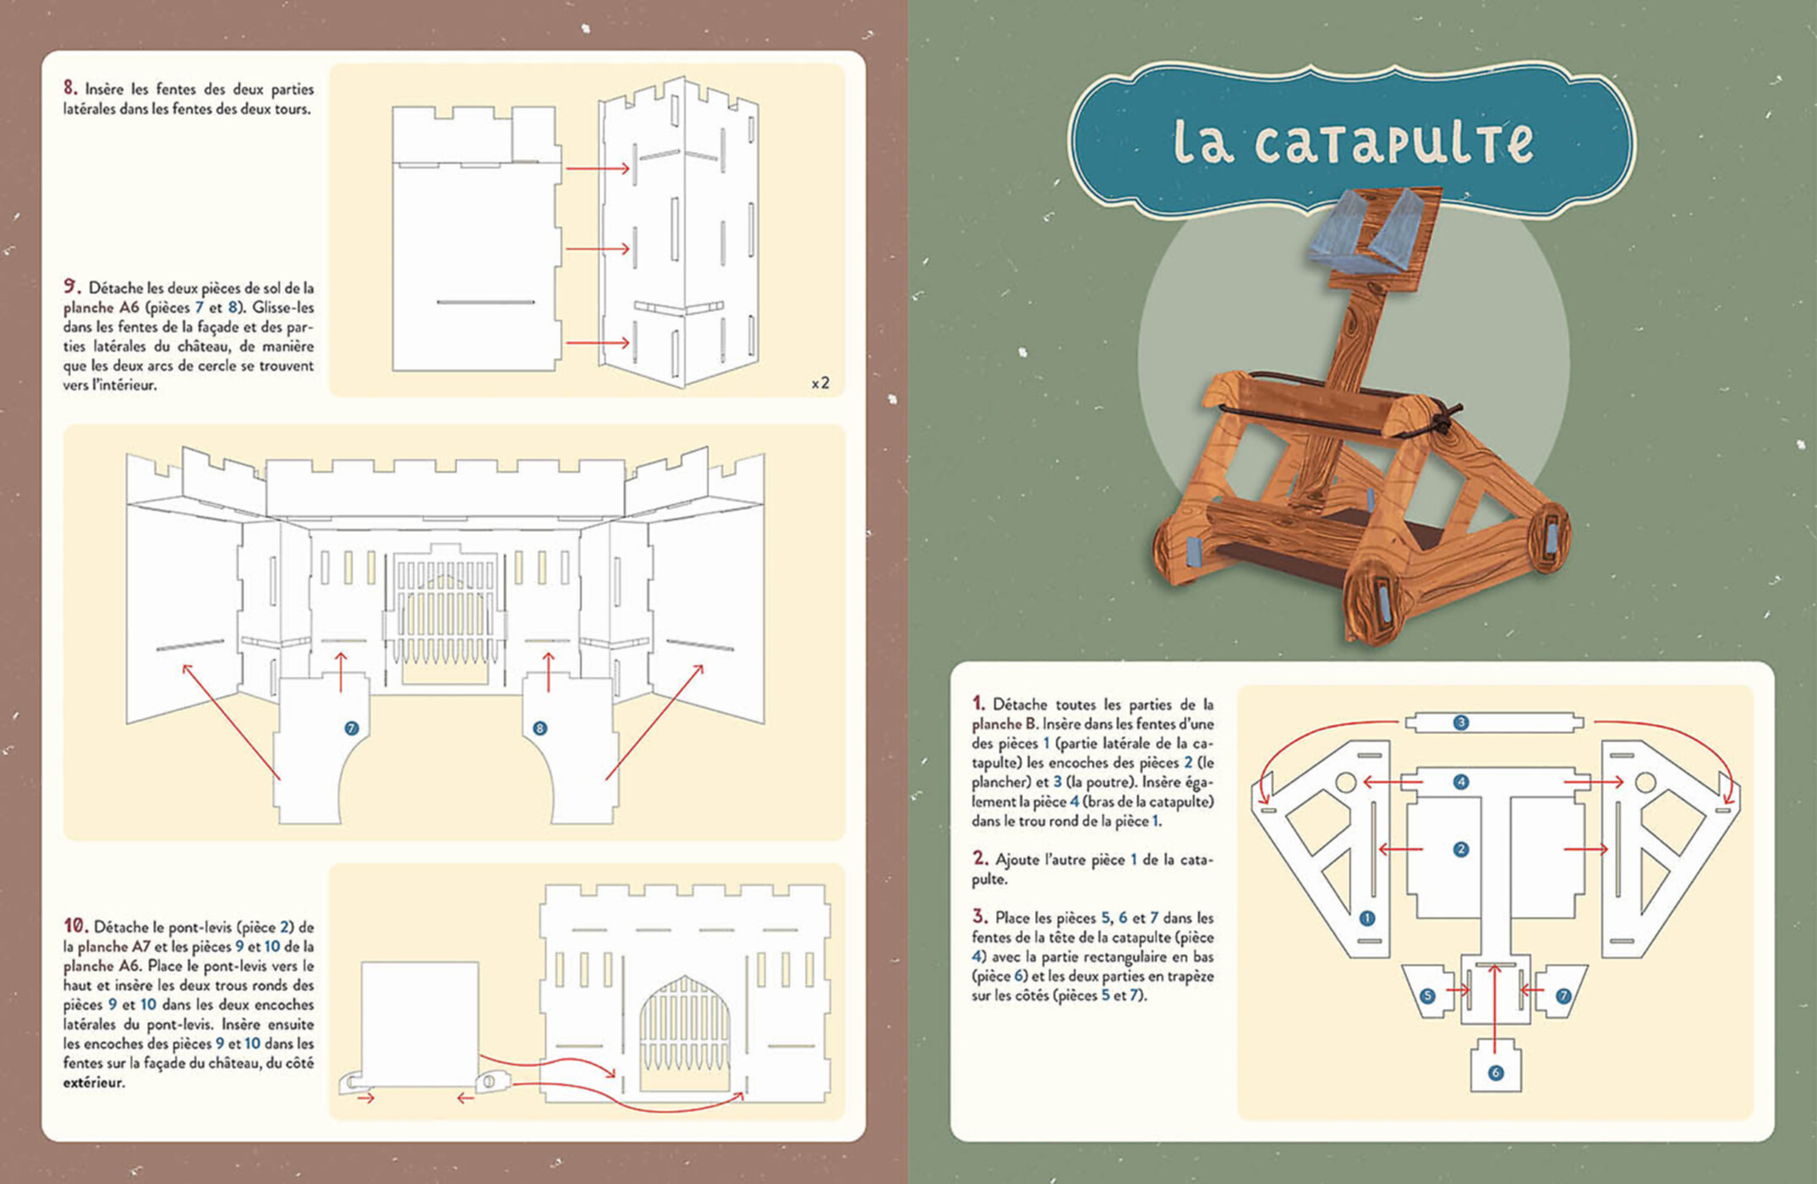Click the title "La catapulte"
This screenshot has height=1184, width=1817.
pyautogui.click(x=1353, y=140)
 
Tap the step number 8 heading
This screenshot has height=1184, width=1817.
pyautogui.click(x=70, y=88)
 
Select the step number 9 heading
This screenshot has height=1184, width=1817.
pyautogui.click(x=72, y=287)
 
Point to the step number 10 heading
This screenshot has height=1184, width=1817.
pyautogui.click(x=75, y=926)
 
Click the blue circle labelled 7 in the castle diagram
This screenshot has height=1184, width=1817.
pyautogui.click(x=352, y=728)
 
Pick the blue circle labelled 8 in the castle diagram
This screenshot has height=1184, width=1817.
pyautogui.click(x=539, y=728)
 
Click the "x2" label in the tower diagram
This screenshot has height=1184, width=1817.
pyautogui.click(x=820, y=383)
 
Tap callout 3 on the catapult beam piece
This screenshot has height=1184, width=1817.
pyautogui.click(x=1461, y=722)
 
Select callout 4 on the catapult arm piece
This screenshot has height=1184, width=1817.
pyautogui.click(x=1461, y=781)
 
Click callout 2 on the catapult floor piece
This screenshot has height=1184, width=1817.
pyautogui.click(x=1461, y=849)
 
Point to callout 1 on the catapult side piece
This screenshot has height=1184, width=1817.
pyautogui.click(x=1367, y=918)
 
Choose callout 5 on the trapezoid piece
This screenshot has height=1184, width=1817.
pyautogui.click(x=1428, y=995)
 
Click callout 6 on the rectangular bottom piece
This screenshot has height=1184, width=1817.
pyautogui.click(x=1496, y=1072)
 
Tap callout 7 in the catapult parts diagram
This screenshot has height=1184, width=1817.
pyautogui.click(x=1563, y=995)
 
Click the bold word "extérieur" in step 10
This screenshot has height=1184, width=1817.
pyautogui.click(x=93, y=1083)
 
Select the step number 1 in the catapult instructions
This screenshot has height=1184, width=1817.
pyautogui.click(x=978, y=704)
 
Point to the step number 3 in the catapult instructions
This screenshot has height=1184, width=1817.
pyautogui.click(x=979, y=917)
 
